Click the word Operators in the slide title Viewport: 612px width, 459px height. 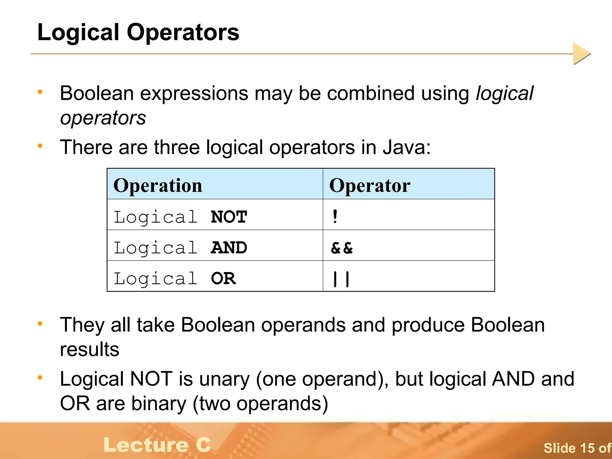pyautogui.click(x=183, y=32)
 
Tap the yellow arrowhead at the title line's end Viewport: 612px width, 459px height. pyautogui.click(x=581, y=53)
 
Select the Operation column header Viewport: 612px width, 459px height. pyautogui.click(x=158, y=185)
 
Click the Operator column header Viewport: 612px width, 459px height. pyautogui.click(x=370, y=185)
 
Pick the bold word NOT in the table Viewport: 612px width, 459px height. pyautogui.click(x=229, y=217)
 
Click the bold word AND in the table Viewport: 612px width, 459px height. pyautogui.click(x=229, y=248)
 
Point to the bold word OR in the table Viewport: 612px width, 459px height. pyautogui.click(x=223, y=279)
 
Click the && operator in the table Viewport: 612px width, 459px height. pyautogui.click(x=342, y=248)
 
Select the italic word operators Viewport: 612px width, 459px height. pyautogui.click(x=103, y=118)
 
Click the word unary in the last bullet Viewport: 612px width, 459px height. pyautogui.click(x=224, y=379)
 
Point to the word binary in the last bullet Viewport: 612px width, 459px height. pyautogui.click(x=159, y=403)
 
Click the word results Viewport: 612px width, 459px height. pyautogui.click(x=89, y=349)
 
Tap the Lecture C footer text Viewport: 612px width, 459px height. pyautogui.click(x=157, y=445)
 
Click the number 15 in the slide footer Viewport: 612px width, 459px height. pyautogui.click(x=587, y=448)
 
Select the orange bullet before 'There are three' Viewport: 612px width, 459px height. pyautogui.click(x=40, y=146)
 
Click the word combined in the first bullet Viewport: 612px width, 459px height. pyautogui.click(x=371, y=93)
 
